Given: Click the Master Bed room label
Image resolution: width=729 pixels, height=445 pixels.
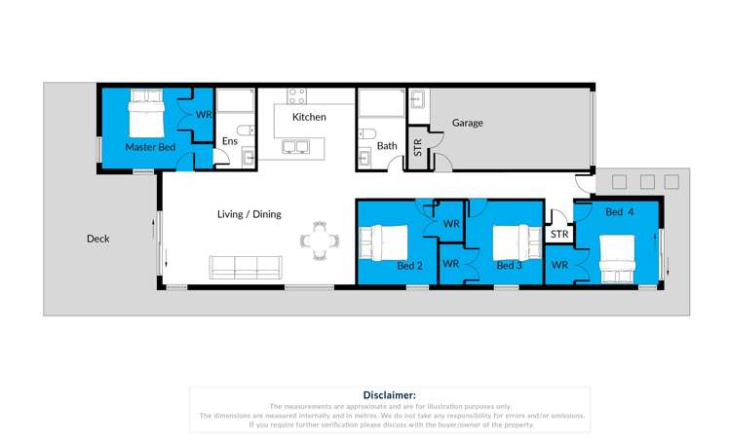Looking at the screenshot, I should coord(150,147).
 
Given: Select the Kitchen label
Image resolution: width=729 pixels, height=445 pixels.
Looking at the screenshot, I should coord(309,117).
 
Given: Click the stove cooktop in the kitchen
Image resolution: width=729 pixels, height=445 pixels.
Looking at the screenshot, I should coord(296,95).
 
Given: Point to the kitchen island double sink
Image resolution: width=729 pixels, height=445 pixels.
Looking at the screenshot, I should coord(296,147).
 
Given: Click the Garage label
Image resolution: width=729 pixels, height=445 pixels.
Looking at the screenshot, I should coord(467,123).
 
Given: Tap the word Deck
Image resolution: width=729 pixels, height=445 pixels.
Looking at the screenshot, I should coord(97,239).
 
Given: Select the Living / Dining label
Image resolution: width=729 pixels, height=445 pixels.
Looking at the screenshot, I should coord(249,213).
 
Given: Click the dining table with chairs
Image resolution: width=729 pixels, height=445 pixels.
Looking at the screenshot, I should coord(320,241).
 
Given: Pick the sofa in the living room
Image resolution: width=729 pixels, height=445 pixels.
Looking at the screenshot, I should coord(247,265).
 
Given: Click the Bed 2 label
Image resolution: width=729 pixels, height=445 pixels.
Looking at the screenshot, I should coord(409,265).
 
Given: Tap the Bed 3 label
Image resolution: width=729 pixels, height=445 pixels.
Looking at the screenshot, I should coord(509,265).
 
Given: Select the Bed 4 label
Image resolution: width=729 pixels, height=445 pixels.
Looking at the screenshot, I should coord(619,212).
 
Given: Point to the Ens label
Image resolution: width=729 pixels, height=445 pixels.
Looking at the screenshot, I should coord(229,142).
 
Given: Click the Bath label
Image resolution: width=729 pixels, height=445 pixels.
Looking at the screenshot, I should coord(388,146).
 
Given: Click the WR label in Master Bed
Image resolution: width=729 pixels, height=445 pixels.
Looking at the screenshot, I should coord(204,114).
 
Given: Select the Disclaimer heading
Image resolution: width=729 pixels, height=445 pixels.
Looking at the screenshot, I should coord(389,394).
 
